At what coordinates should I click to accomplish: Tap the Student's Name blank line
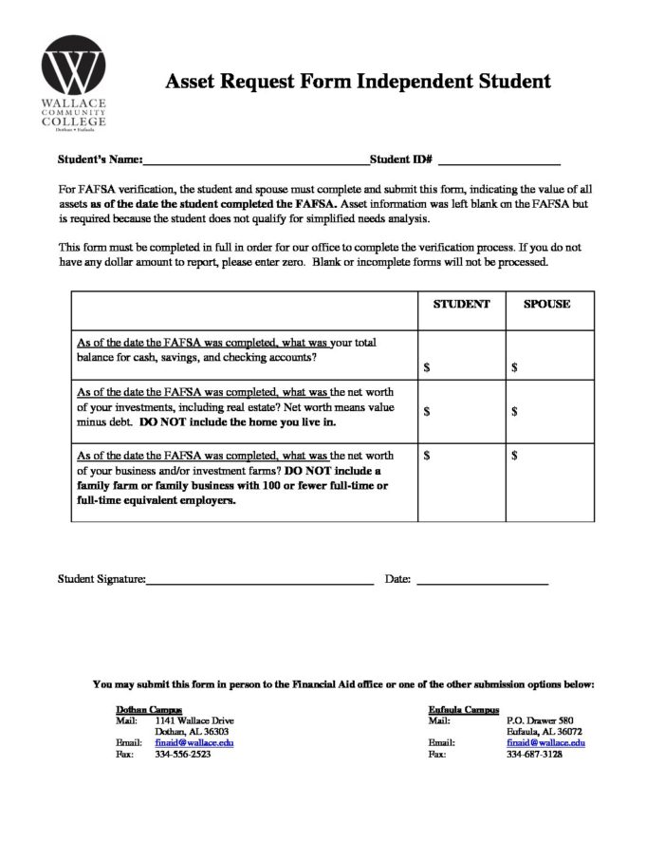255,160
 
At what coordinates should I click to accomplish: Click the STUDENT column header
461,305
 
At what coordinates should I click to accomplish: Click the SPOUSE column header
547,305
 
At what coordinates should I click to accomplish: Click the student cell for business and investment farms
461,482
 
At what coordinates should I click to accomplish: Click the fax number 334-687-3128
535,755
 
